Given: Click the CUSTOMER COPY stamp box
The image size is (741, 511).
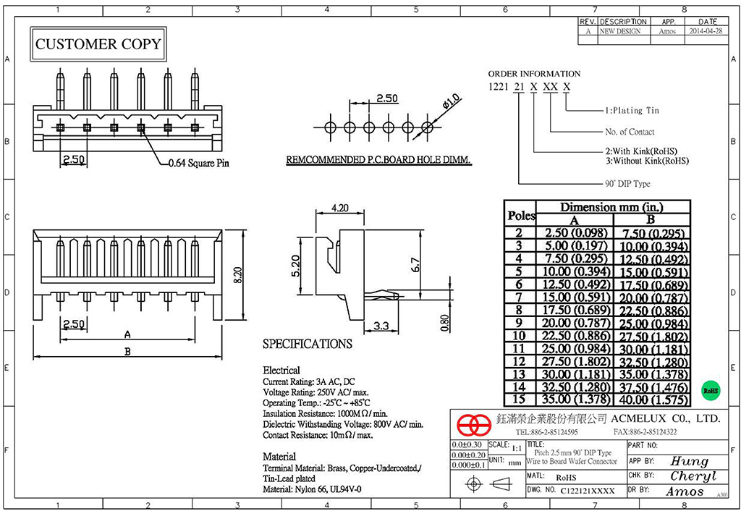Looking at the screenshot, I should pos(98,44).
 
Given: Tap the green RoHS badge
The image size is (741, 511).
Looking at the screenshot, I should pos(711,390).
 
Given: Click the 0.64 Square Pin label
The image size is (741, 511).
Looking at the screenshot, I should pos(198,164).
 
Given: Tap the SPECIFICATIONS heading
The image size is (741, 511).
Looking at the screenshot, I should pos(307,344).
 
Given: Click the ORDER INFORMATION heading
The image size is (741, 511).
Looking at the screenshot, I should pos(534,74).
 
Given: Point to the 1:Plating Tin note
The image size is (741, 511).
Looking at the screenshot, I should pos(632,111).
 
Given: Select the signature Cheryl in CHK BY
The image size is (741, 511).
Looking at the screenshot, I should pos(692,476).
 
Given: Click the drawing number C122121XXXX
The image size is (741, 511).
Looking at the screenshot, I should pos(588,491).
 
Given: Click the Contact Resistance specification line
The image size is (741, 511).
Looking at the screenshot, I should pos(318,435).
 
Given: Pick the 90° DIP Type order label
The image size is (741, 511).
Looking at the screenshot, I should pos(627,184).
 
